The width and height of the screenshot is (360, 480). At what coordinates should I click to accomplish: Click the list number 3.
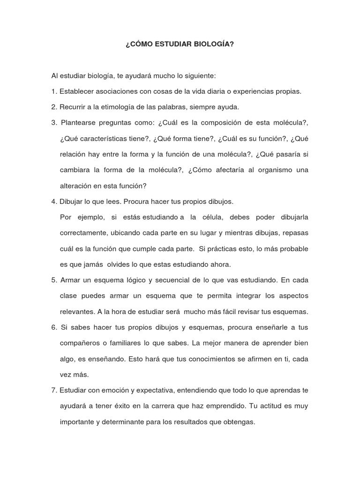click(54, 123)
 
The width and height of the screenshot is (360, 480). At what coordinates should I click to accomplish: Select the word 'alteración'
click(76, 186)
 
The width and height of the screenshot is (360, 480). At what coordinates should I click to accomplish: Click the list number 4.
click(54, 202)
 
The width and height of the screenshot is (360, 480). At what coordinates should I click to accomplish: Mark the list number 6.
click(54, 328)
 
